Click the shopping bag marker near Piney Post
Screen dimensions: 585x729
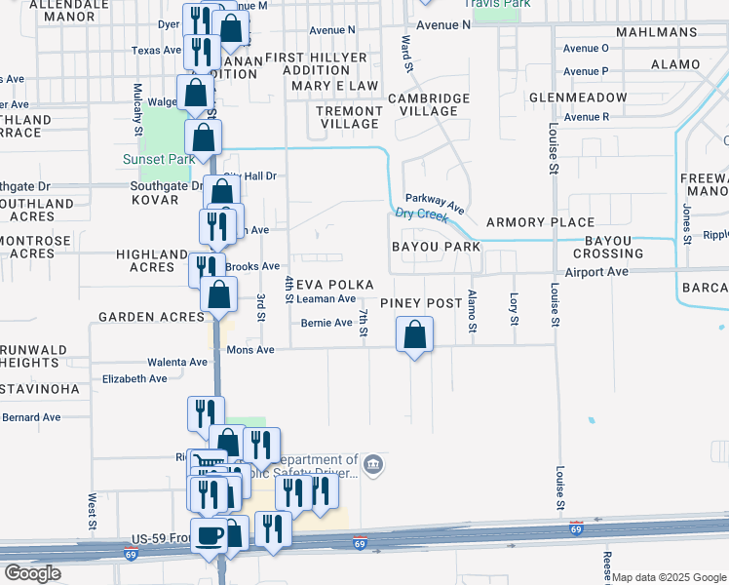(x=415, y=334)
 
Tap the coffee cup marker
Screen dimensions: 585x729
(x=210, y=535)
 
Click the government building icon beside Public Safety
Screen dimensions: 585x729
(x=374, y=466)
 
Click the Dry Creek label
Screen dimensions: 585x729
(x=421, y=214)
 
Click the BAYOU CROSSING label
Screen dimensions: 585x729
(x=614, y=247)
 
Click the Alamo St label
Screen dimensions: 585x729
(x=472, y=311)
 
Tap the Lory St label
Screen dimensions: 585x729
(x=513, y=307)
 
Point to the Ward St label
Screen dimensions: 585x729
(x=406, y=53)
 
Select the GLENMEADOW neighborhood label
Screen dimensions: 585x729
(x=578, y=98)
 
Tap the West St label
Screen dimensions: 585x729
(x=93, y=511)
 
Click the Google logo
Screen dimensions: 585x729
(x=32, y=573)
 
